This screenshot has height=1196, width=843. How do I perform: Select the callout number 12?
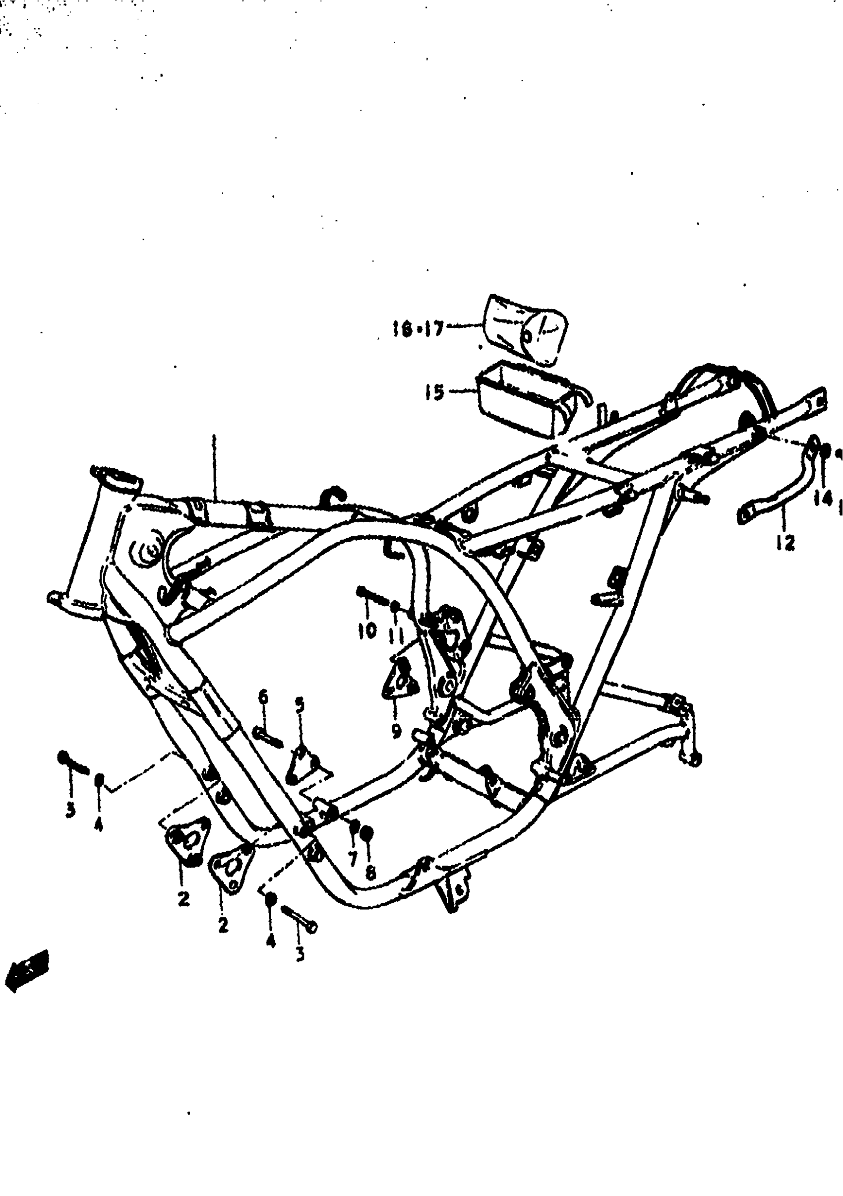point(784,543)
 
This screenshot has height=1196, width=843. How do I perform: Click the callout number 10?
point(367,630)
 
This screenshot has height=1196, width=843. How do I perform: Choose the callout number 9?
point(396,732)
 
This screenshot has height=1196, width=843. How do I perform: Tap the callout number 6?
point(263,696)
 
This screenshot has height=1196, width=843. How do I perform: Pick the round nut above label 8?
point(366,833)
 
